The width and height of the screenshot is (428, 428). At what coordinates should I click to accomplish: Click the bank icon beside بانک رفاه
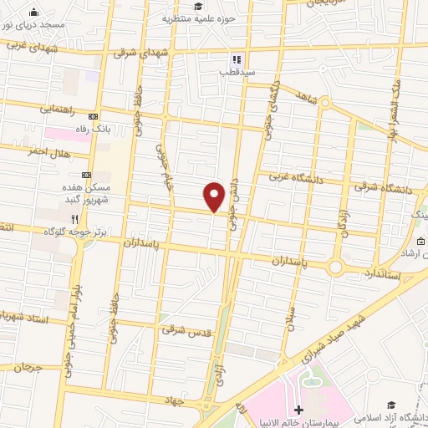93,116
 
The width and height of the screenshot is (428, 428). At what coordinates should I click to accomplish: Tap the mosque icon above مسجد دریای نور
33,13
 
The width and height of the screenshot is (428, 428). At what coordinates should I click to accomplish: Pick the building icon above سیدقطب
236,60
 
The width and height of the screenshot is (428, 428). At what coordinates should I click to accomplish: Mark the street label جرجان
27,367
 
